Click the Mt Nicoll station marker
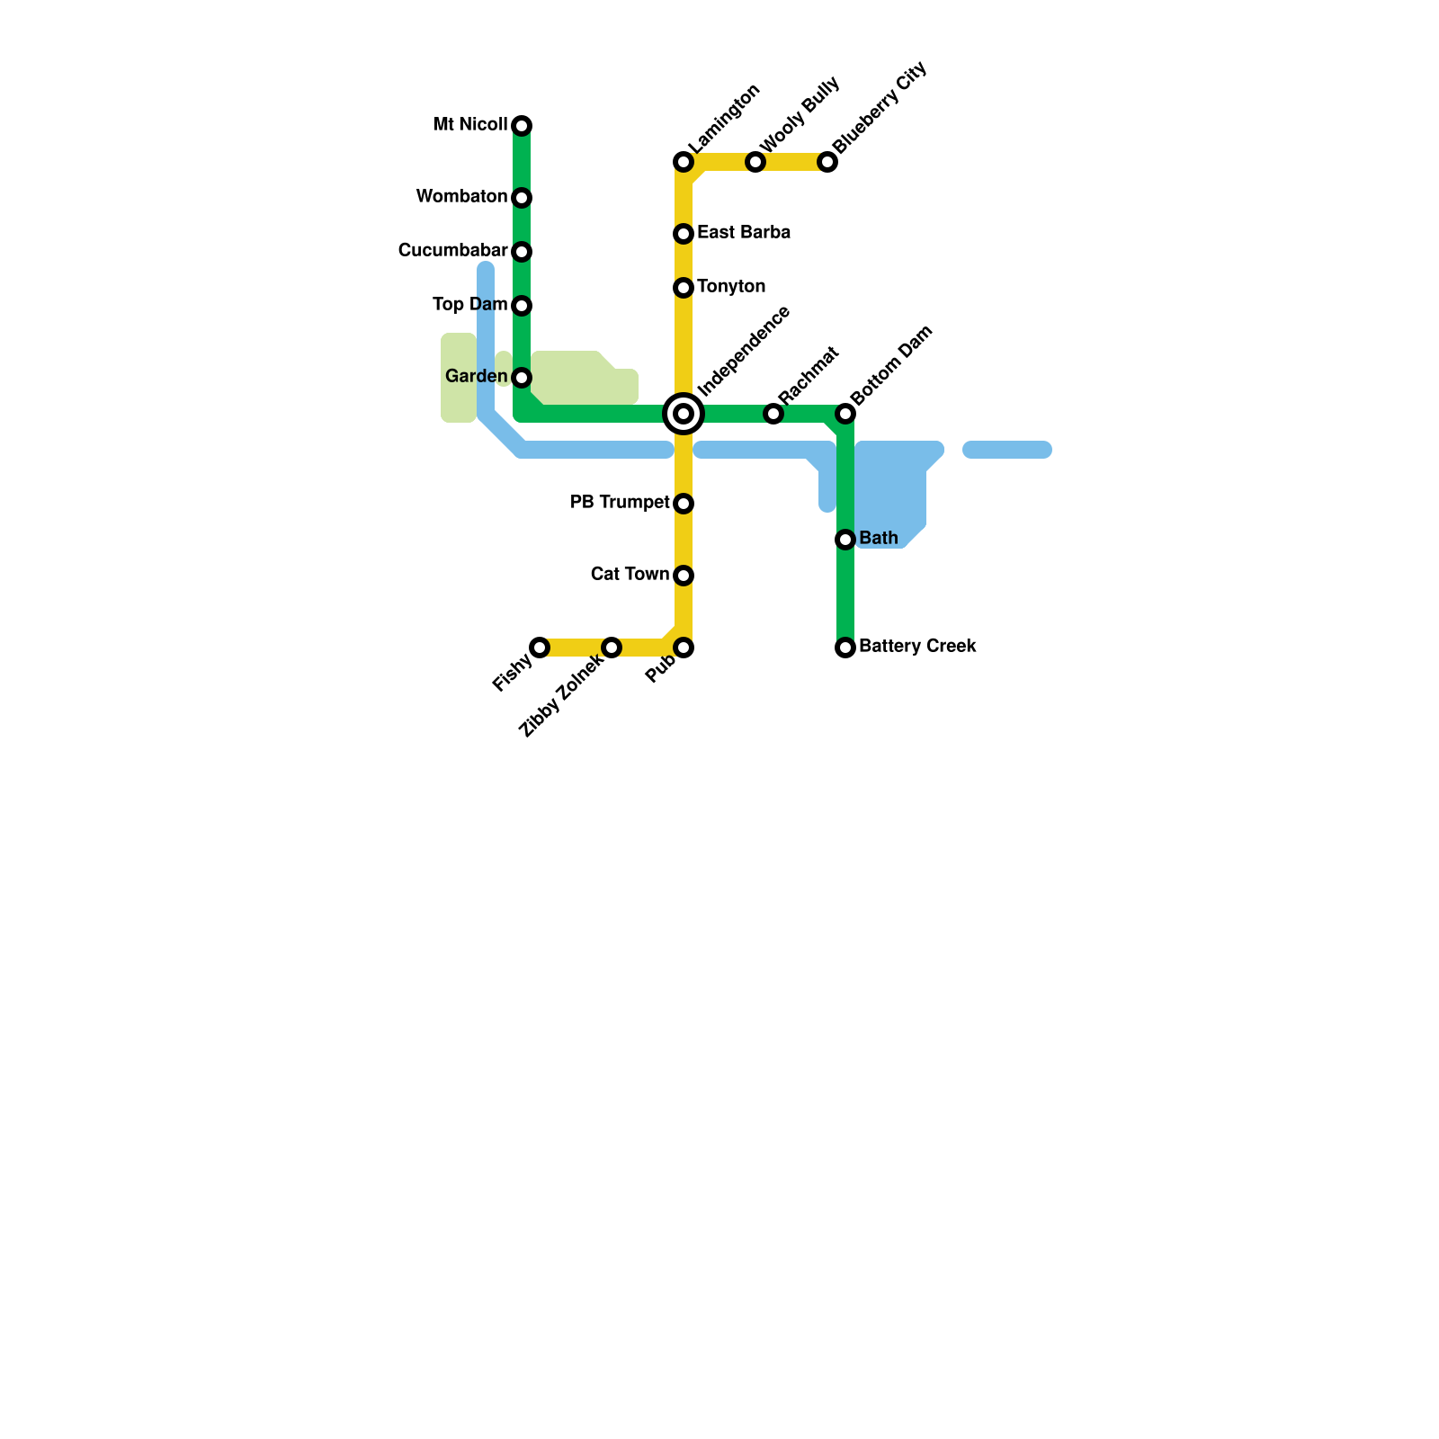(x=522, y=126)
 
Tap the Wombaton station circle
(x=522, y=198)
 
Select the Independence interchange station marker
(x=684, y=414)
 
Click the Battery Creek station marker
(x=845, y=648)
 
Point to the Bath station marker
(x=845, y=540)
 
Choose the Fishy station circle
(x=540, y=648)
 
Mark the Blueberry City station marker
(x=827, y=162)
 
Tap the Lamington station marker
(x=684, y=162)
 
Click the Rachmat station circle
(x=773, y=414)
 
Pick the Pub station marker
(x=684, y=648)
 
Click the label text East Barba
(x=744, y=233)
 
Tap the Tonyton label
(x=731, y=287)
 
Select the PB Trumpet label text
(x=620, y=502)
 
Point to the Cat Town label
(x=630, y=574)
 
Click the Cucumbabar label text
(x=452, y=250)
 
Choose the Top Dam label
(x=469, y=304)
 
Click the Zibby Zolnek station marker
(x=612, y=648)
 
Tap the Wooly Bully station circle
(x=755, y=162)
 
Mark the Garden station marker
(x=522, y=378)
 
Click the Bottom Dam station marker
(x=845, y=414)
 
